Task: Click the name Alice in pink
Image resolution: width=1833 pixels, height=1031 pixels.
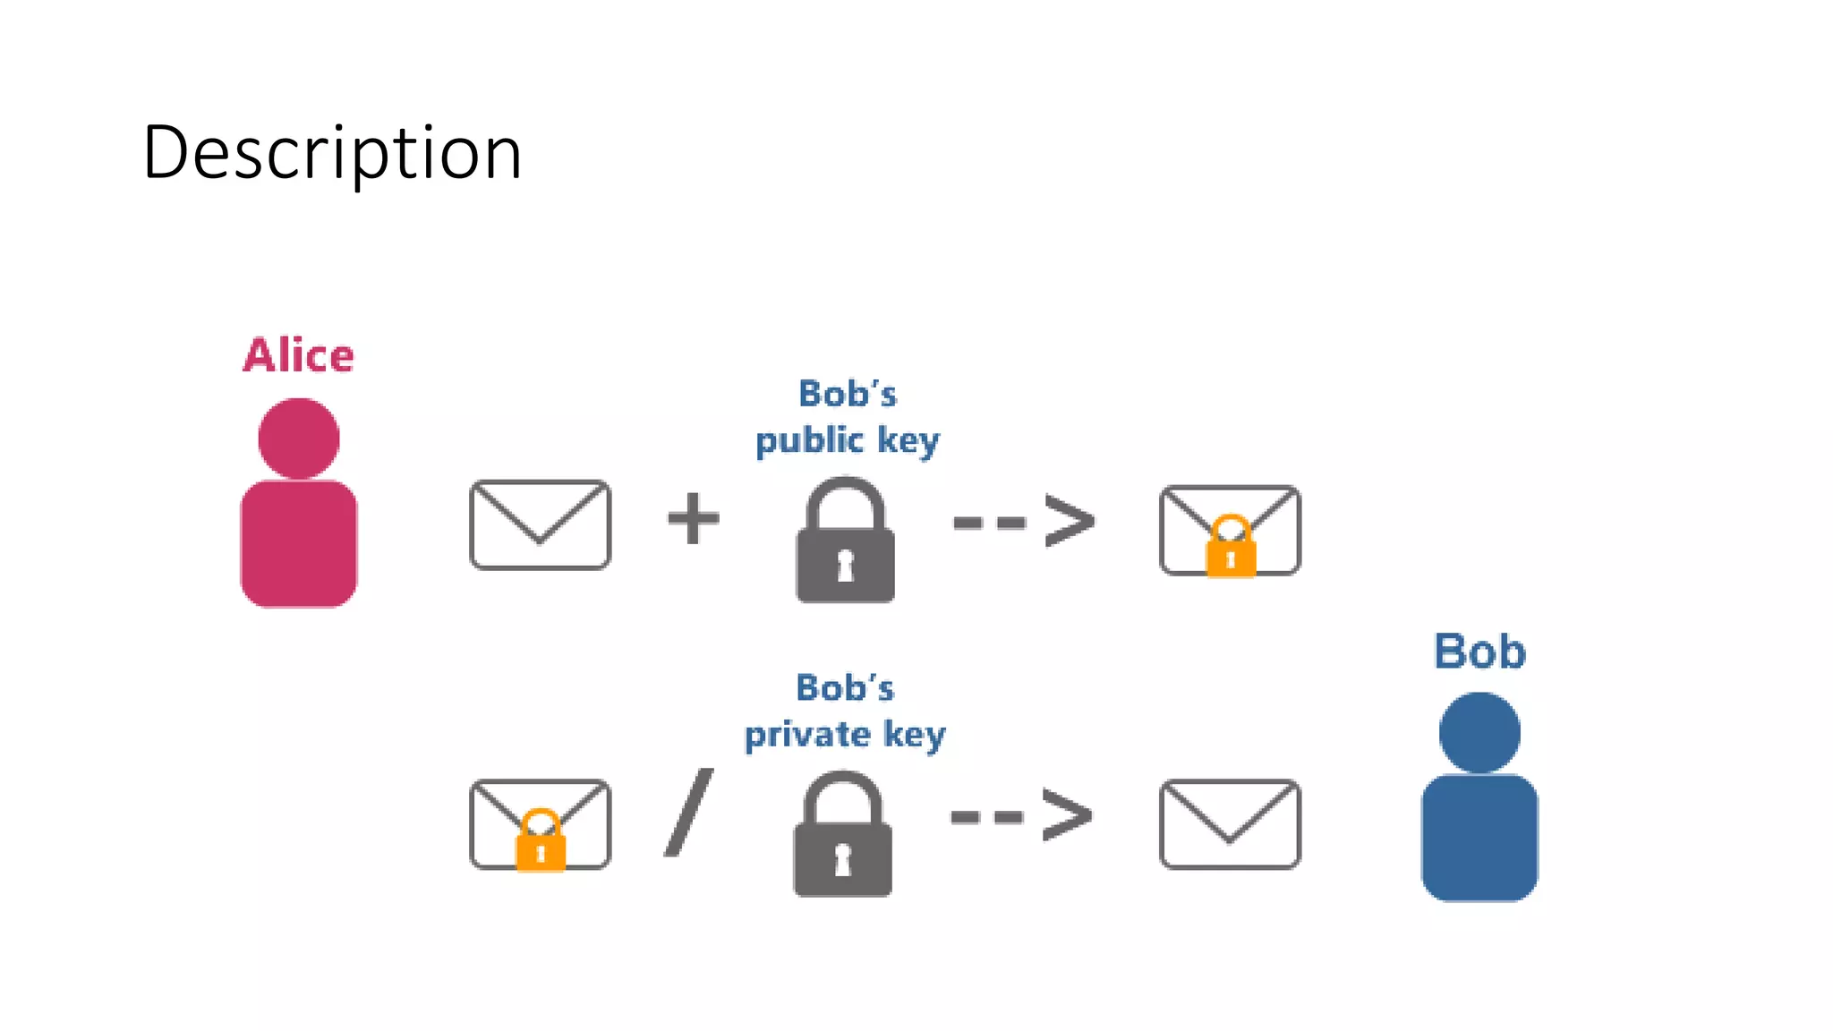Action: coord(299,355)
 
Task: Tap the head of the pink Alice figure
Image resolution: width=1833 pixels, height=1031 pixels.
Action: coord(299,439)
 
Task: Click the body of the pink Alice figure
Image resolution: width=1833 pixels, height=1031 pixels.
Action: coord(299,543)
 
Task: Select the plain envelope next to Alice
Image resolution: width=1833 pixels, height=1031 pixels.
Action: coord(540,524)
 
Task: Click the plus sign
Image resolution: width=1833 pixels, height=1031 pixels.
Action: coord(694,518)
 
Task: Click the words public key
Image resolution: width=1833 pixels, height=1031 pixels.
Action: coord(847,440)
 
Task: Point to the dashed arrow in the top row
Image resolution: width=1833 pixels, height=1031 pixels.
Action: coord(1024,522)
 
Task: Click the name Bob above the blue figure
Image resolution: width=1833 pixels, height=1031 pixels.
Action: coord(1479,652)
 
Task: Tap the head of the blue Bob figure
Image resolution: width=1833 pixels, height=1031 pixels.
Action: coord(1479,732)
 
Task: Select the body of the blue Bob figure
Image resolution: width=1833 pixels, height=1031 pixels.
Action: coord(1479,838)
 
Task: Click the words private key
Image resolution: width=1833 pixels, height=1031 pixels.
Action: coord(845,735)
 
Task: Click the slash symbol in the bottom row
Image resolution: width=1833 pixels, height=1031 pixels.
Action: coord(689,813)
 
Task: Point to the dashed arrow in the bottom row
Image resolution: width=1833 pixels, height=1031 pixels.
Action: coord(1021,815)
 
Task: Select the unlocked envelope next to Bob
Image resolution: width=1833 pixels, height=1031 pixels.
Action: coord(1230,823)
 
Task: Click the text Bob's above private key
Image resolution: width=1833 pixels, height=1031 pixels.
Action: coord(845,687)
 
